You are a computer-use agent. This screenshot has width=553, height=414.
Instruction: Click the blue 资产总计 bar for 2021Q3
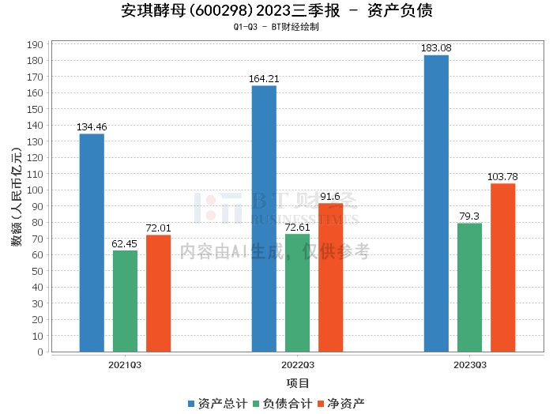coord(92,243)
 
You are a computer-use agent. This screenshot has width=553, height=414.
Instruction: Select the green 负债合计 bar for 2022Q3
coord(297,293)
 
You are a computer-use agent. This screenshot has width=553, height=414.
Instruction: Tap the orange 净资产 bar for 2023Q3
coord(503,268)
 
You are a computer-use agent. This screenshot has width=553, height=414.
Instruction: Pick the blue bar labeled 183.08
coord(436,204)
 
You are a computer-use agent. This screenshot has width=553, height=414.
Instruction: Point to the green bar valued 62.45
coord(125,301)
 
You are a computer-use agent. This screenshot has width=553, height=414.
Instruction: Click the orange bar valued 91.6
coord(331,277)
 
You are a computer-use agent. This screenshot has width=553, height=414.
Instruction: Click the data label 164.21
coord(264,79)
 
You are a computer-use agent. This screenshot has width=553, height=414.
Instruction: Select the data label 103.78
coord(502,177)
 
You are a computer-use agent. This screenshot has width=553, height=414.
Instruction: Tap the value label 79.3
coord(469,216)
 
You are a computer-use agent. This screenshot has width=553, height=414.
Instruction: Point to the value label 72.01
coord(158,228)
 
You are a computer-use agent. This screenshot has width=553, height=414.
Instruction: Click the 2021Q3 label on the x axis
coord(125,365)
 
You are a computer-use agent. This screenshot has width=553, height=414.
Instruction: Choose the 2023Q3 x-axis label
coord(470,365)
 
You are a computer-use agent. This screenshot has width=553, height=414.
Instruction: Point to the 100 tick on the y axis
coord(35,190)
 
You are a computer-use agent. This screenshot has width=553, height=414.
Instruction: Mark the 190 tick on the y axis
coord(35,45)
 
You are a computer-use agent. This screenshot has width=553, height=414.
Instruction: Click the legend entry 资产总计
coord(217,404)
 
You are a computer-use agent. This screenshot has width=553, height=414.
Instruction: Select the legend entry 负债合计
coord(283,404)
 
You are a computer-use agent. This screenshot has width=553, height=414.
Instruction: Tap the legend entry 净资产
coord(341,404)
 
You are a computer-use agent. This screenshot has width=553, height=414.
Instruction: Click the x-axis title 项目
coord(298,383)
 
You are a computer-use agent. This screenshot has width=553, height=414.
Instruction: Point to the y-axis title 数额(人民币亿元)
coord(17,197)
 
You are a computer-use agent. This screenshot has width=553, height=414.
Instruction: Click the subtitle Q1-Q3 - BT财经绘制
coord(276,27)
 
